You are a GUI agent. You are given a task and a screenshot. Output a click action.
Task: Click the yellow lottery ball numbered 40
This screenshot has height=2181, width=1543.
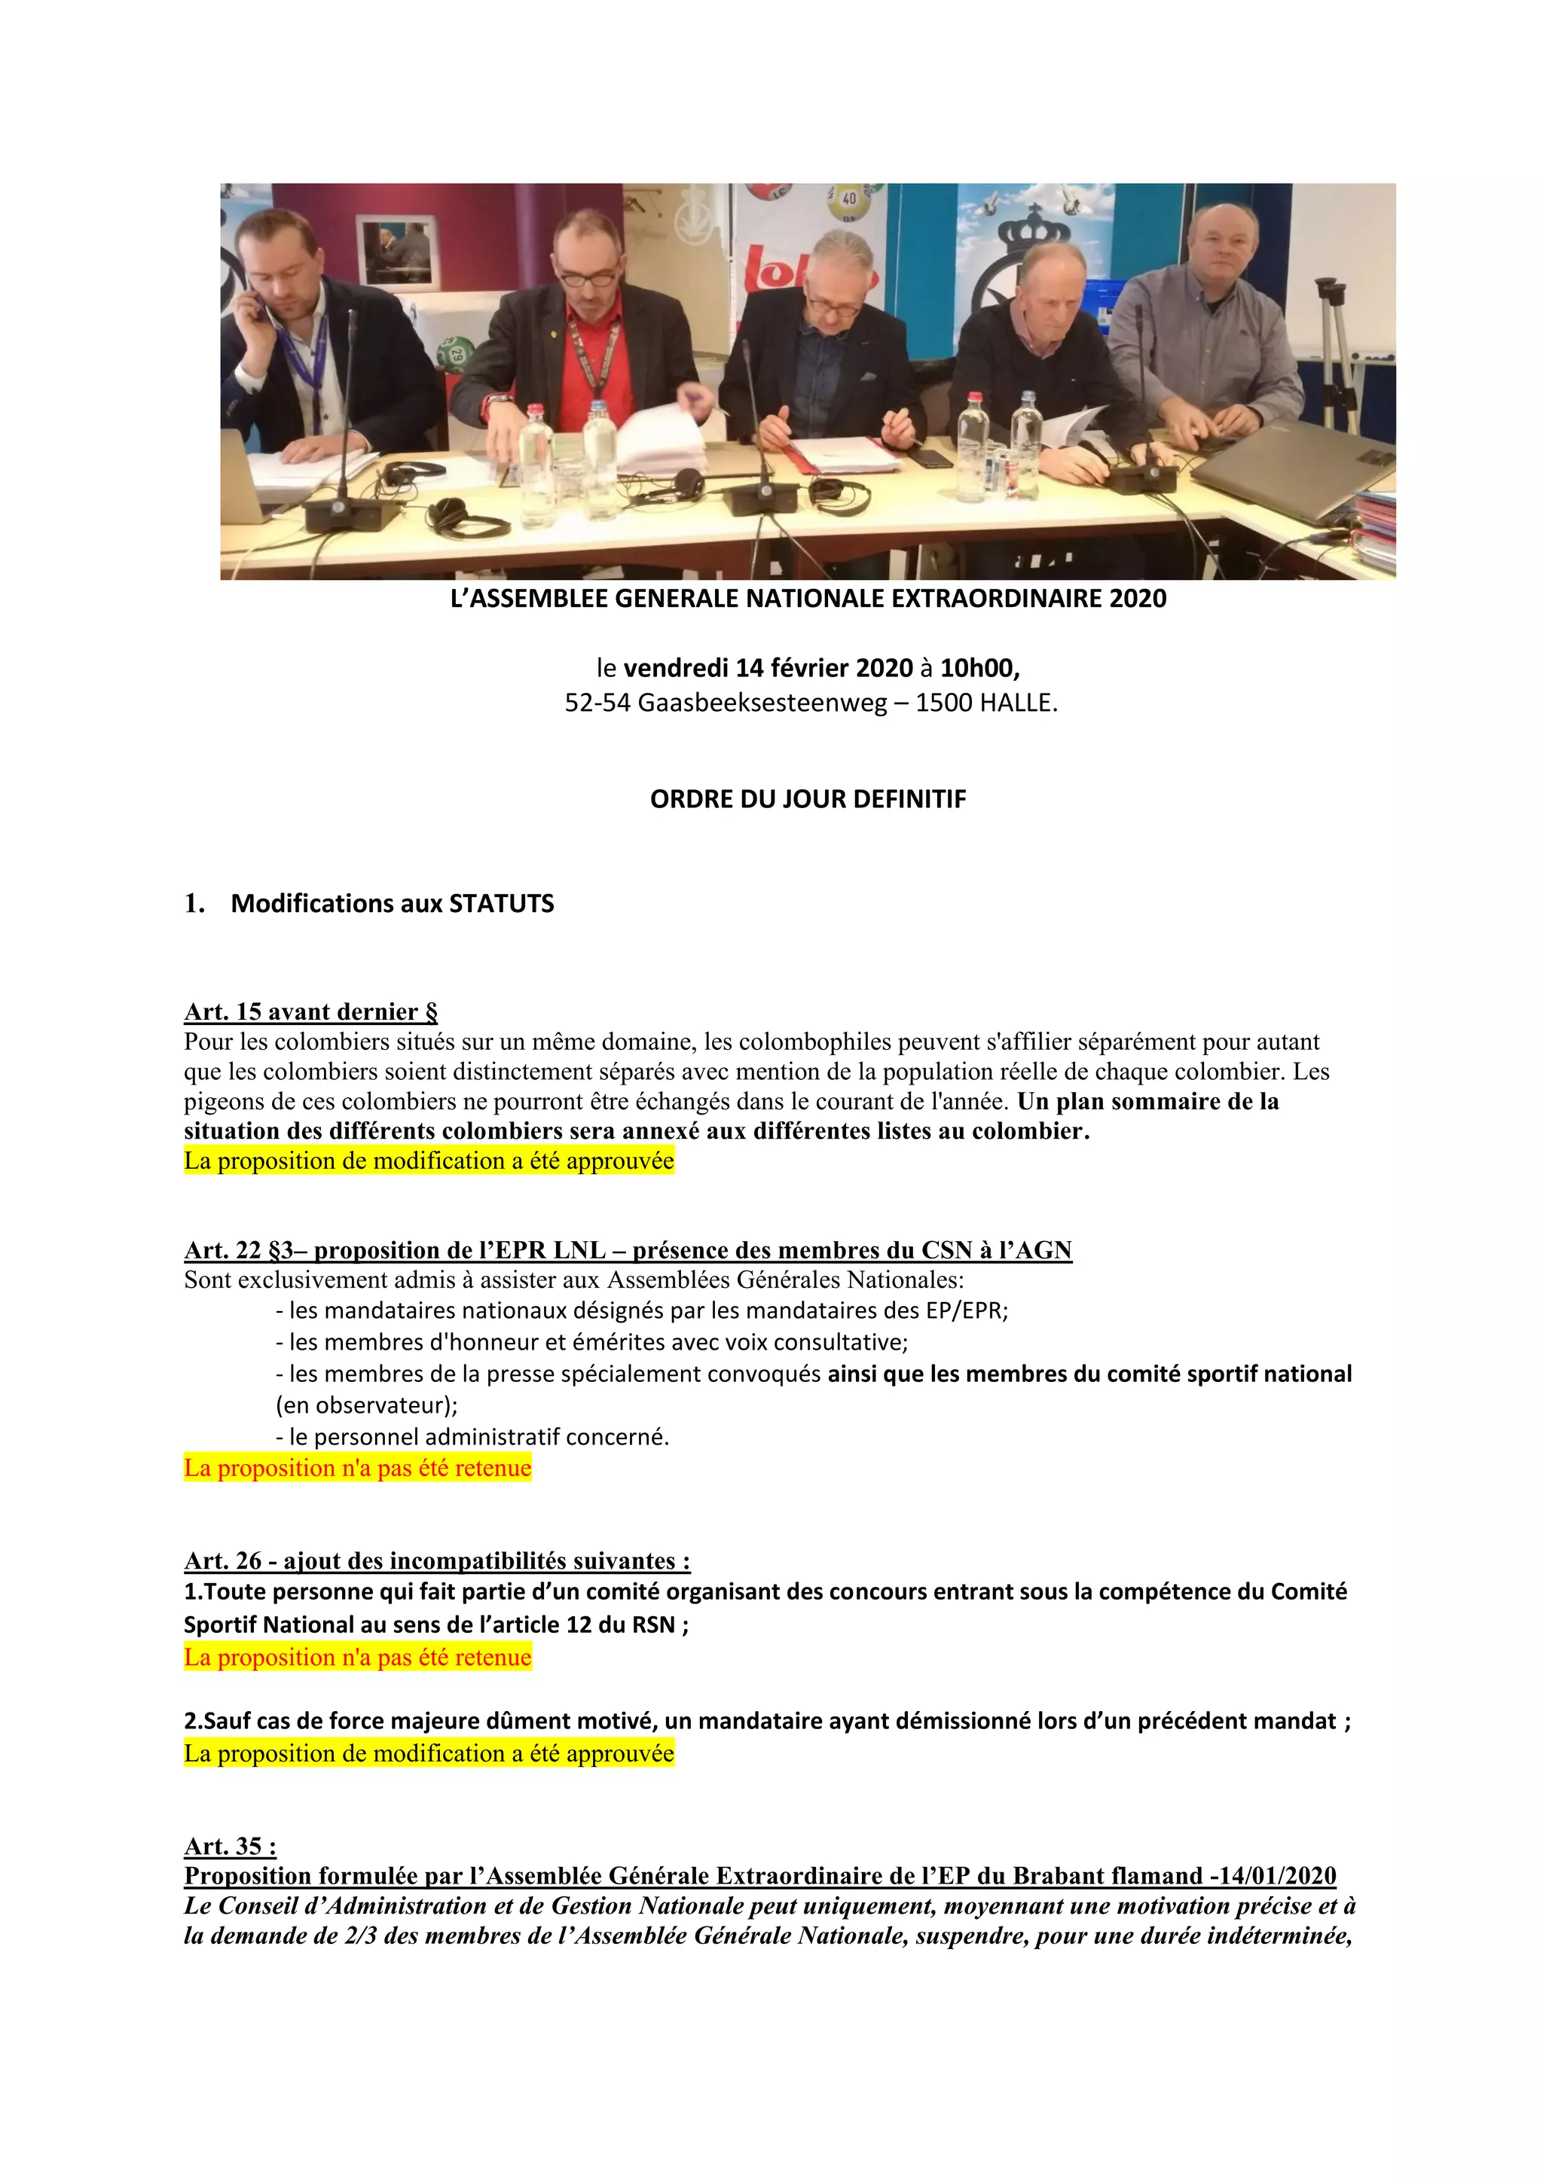tap(848, 200)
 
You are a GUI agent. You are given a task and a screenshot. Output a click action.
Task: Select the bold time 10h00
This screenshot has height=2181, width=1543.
tap(979, 668)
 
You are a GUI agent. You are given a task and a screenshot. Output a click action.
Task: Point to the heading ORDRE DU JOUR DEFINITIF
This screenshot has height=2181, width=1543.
tap(808, 799)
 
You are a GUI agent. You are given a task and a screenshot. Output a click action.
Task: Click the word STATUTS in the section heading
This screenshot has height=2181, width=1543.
tap(501, 904)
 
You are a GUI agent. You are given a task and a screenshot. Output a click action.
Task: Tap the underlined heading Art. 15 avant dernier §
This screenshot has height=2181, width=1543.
tap(310, 1011)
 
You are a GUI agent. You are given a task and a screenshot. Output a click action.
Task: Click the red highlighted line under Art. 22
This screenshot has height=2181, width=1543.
tap(357, 1468)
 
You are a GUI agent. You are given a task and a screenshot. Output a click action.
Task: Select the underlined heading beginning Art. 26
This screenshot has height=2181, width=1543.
tap(437, 1560)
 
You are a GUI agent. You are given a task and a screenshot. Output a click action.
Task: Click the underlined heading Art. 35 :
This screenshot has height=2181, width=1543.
tap(230, 1846)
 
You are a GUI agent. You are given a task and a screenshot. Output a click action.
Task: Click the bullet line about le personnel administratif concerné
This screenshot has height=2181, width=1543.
tap(472, 1436)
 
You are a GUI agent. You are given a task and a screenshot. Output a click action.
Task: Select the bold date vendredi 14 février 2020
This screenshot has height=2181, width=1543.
tap(768, 668)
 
